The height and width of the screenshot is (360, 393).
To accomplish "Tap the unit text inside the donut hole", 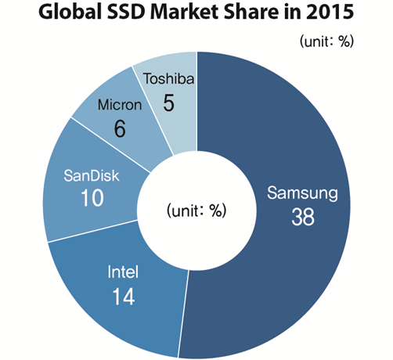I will coord(196,211).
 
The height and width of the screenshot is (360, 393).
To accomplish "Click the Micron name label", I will coord(120,104).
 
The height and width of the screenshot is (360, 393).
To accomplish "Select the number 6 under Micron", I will coord(120,128).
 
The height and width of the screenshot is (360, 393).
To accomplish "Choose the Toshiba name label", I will coord(167,79).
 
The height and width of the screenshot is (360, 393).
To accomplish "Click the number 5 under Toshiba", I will coord(167,101).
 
